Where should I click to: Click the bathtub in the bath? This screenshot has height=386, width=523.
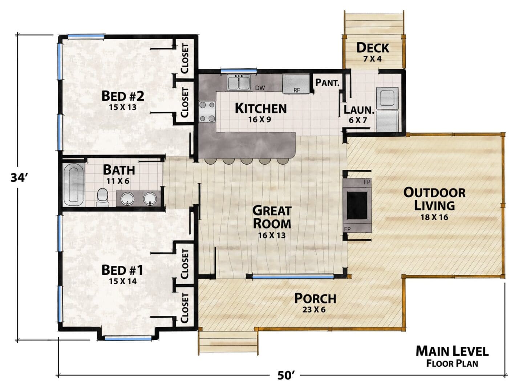click(x=74, y=185)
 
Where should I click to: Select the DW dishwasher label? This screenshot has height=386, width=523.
click(x=260, y=88)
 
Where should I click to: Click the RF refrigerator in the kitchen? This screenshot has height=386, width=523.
click(x=296, y=84)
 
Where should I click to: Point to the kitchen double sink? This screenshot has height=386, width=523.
click(x=239, y=82)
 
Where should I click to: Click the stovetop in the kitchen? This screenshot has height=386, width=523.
click(x=207, y=112)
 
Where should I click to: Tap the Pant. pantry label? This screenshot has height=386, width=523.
click(x=327, y=82)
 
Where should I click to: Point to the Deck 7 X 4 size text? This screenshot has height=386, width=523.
click(x=372, y=59)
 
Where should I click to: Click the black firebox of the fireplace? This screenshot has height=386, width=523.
click(x=357, y=205)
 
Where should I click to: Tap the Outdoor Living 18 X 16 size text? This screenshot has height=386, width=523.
click(x=434, y=217)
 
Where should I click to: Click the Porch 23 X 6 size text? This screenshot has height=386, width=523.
click(x=314, y=310)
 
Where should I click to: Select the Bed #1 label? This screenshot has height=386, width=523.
click(x=122, y=270)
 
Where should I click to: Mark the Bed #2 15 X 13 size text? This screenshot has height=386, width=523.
click(x=123, y=107)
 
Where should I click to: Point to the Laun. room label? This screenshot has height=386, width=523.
click(x=359, y=110)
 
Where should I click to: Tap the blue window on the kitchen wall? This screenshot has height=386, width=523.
click(x=239, y=71)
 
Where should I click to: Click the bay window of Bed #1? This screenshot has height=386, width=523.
click(x=128, y=338)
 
